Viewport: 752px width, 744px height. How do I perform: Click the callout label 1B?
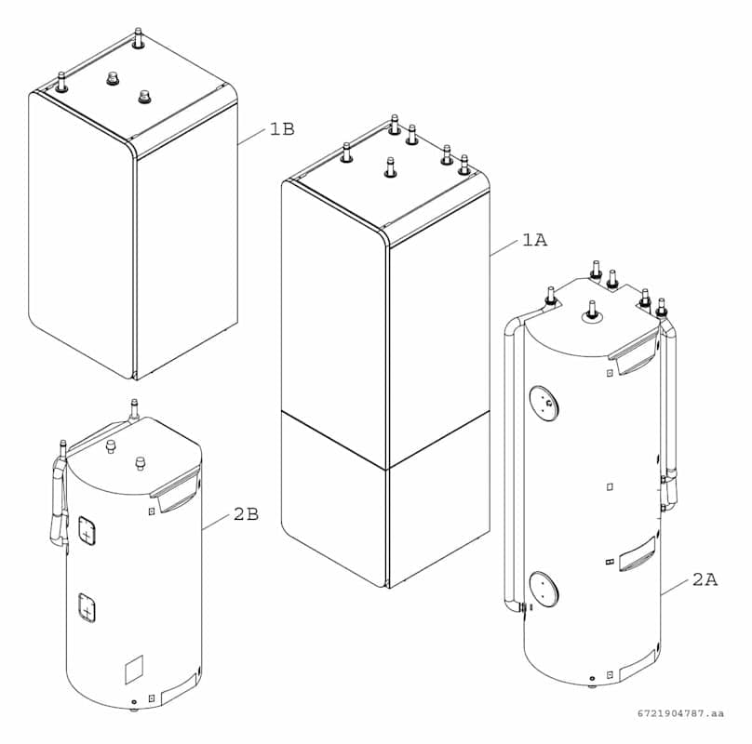[282, 129]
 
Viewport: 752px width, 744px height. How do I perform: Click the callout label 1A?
[535, 240]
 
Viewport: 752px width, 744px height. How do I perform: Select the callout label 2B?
[246, 514]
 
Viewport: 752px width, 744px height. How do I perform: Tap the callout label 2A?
[705, 579]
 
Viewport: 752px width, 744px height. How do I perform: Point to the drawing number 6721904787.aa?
[680, 713]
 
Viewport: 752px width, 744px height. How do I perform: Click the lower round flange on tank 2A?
[544, 588]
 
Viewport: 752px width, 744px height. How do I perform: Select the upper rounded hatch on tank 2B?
[87, 531]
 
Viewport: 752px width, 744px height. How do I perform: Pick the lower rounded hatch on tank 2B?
[87, 607]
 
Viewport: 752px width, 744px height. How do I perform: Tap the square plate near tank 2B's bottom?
[134, 670]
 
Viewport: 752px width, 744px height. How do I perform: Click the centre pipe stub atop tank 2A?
[592, 311]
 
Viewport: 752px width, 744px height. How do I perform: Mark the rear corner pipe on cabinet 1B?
[139, 38]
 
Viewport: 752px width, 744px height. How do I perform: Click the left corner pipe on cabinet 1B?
[61, 82]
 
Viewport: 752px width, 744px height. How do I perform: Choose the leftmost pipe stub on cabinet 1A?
[347, 153]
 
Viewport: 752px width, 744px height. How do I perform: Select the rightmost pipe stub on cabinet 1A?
[463, 165]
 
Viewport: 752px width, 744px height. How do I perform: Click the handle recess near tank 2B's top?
[176, 490]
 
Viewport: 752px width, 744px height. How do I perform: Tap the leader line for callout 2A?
[676, 587]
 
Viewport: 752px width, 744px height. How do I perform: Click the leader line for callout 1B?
[251, 136]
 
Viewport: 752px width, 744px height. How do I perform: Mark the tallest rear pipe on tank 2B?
[134, 409]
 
